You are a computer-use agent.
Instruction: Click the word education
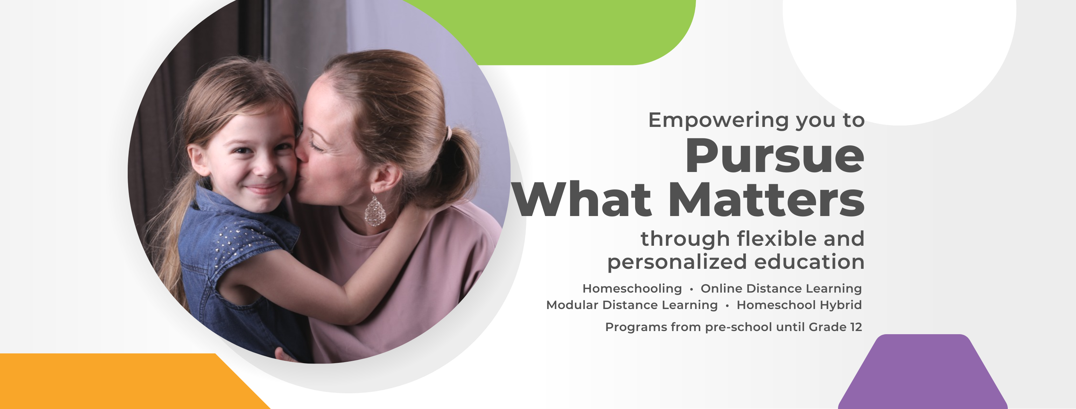pos(809,262)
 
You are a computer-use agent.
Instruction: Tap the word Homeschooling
pos(632,288)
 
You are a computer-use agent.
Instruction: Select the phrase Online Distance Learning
pos(781,288)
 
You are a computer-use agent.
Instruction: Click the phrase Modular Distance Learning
pos(632,305)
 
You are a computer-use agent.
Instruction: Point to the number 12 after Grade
pos(856,327)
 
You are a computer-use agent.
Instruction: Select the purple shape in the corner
pos(923,372)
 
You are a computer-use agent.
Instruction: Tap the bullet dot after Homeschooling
pos(691,289)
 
